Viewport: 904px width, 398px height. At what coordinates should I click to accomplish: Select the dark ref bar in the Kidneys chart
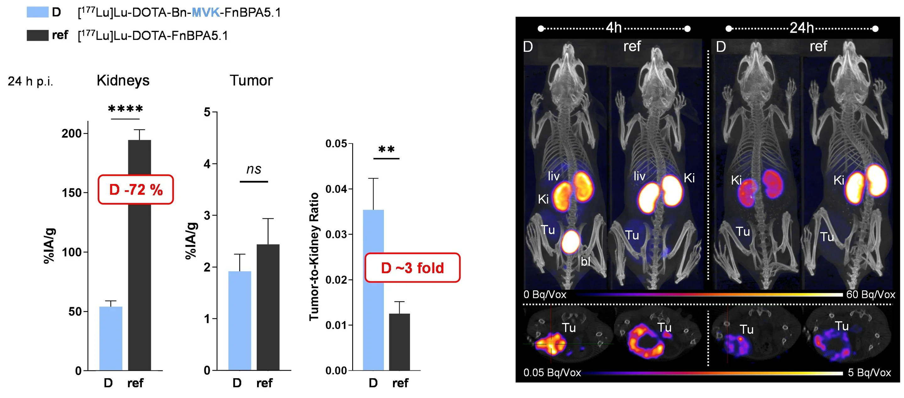[139, 281]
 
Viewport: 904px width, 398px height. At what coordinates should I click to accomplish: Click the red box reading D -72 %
[136, 190]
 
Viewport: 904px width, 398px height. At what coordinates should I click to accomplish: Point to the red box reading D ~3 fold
[412, 268]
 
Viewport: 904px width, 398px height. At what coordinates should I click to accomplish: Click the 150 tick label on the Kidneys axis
[72, 193]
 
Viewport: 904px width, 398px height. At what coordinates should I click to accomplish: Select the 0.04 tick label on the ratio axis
[336, 189]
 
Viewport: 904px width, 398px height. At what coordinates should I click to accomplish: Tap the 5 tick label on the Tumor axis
[207, 112]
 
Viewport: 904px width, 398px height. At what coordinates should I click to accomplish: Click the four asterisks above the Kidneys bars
[125, 109]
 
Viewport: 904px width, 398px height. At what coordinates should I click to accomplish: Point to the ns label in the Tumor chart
[254, 169]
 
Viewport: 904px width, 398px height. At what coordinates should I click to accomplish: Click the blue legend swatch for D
[38, 12]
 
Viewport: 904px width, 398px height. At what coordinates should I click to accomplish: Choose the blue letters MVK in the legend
[206, 13]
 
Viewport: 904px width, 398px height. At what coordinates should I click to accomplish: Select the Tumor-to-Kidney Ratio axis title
[314, 256]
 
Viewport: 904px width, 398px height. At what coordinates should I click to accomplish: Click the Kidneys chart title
[123, 80]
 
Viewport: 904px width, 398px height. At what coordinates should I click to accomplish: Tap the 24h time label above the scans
[802, 28]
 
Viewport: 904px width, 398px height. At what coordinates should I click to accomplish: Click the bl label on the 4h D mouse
[585, 261]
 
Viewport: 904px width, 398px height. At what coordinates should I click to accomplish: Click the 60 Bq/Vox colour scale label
[870, 294]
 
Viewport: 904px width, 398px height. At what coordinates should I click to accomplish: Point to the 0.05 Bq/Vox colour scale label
[552, 372]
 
